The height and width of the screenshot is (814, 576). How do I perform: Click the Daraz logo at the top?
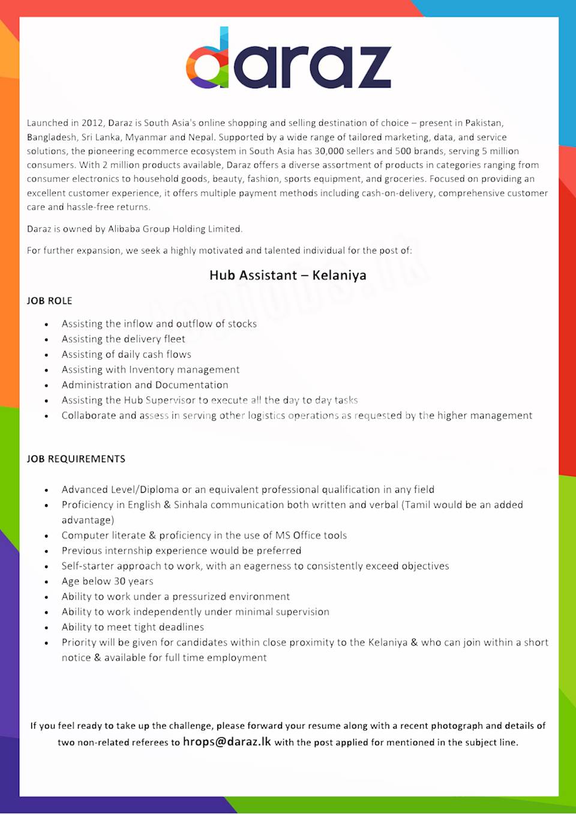[x=289, y=59]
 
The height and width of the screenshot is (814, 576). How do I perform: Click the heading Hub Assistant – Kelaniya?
[x=288, y=275]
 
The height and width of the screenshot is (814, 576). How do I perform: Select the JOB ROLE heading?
[x=49, y=301]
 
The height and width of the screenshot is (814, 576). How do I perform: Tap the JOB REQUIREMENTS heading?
[x=76, y=459]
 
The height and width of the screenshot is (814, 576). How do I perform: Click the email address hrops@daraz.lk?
[x=227, y=741]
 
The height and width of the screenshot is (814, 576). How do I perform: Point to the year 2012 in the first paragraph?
[x=92, y=123]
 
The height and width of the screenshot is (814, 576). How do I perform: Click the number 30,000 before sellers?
[x=329, y=151]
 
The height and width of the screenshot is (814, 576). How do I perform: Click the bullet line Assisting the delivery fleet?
[x=123, y=339]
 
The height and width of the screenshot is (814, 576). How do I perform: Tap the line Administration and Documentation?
[x=145, y=385]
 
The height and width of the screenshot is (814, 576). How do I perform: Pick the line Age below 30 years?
[x=107, y=581]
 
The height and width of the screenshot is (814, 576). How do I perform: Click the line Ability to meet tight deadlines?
[x=133, y=627]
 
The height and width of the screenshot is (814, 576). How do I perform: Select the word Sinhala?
[x=191, y=505]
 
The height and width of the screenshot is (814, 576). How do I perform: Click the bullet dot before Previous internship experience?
[x=46, y=551]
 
